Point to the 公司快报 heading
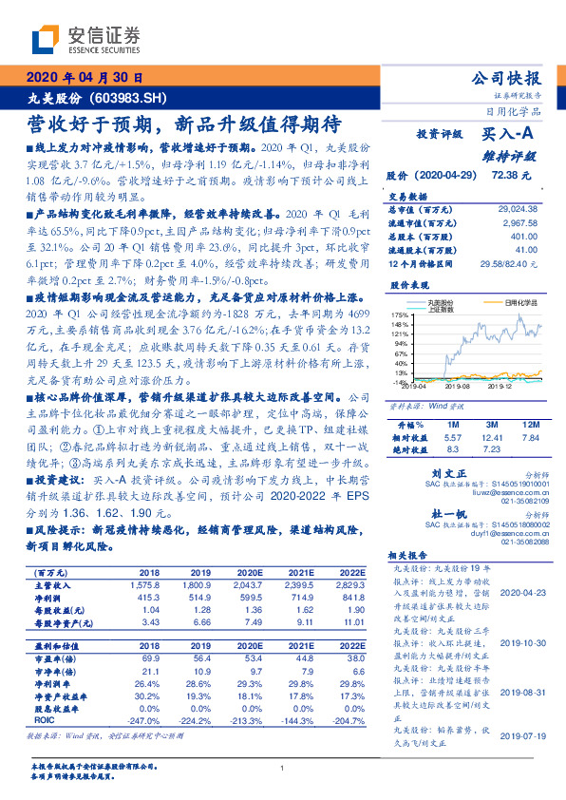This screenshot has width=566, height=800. (x=506, y=78)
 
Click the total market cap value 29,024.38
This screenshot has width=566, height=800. (x=517, y=208)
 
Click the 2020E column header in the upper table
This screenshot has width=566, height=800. (x=249, y=574)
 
